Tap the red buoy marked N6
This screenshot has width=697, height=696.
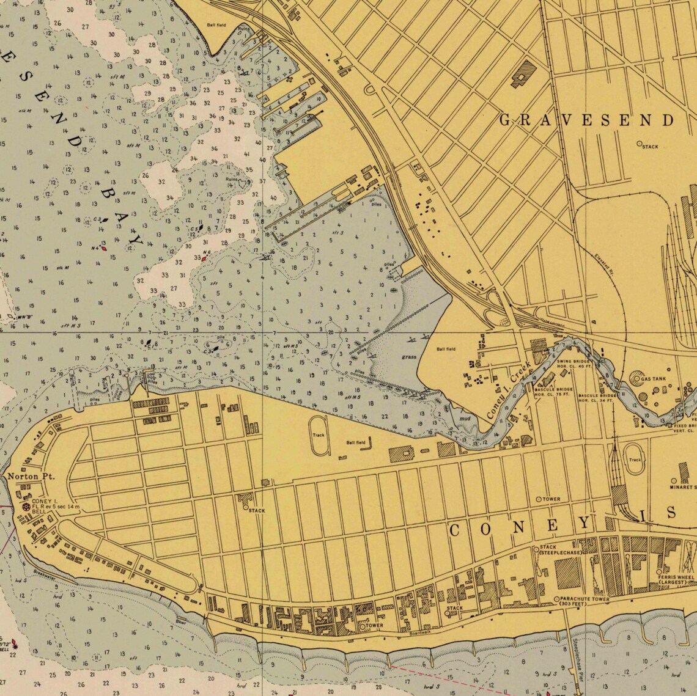(204, 258)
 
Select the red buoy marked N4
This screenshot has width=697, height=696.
(105, 247)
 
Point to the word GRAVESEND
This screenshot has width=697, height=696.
(586, 120)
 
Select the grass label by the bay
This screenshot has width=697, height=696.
(409, 357)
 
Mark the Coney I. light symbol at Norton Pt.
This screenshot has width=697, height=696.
(26, 507)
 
